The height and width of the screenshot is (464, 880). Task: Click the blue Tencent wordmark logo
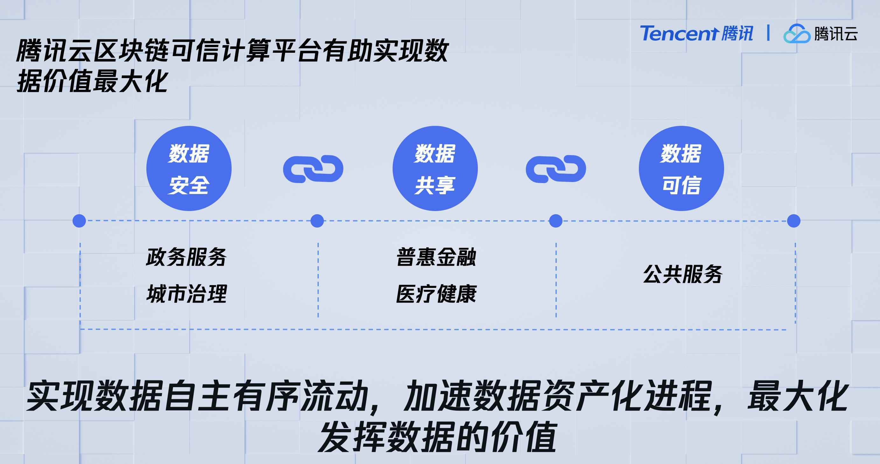[696, 33]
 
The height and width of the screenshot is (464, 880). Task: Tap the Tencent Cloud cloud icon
[796, 34]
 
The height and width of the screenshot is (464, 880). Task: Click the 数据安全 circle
[189, 168]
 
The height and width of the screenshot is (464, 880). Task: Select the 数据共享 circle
[435, 168]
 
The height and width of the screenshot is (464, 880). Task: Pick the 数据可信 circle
[681, 168]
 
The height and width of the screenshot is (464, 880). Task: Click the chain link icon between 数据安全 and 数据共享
[313, 169]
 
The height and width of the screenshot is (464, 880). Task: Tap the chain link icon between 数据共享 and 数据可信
[556, 169]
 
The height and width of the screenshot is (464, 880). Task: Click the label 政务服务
[186, 257]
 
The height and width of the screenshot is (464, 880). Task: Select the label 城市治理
[186, 294]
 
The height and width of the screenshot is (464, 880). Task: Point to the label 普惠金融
[436, 257]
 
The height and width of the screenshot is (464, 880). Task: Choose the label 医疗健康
[436, 294]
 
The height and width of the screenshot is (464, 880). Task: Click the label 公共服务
[682, 274]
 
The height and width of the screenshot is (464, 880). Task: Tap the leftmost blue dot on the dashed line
[79, 221]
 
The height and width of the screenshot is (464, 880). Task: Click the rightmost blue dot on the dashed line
[793, 221]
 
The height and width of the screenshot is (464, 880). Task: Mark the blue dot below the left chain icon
[317, 221]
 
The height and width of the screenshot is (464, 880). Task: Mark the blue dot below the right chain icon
[555, 221]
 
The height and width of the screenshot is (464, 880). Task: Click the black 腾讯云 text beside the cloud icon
[835, 34]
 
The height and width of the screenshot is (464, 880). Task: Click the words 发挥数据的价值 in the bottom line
[437, 437]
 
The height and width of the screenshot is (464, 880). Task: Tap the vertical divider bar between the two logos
[768, 33]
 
